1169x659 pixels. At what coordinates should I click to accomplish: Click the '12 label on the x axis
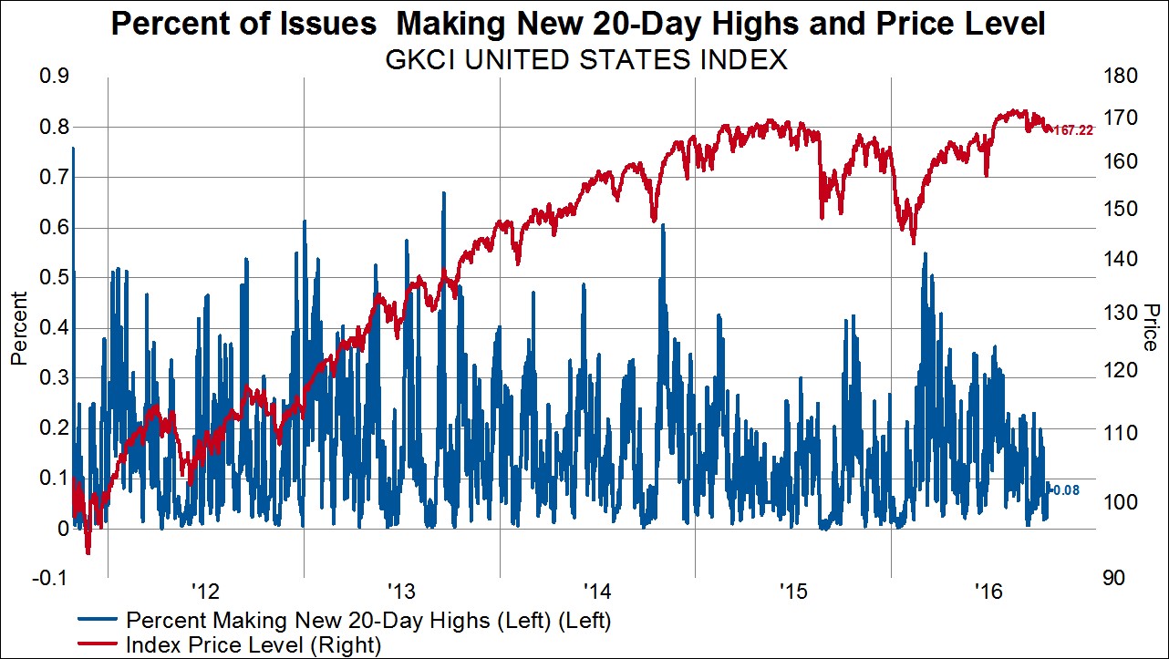pos(204,592)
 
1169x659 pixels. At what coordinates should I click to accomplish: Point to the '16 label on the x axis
pos(988,592)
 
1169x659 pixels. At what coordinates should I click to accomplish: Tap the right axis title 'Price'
pos(1151,326)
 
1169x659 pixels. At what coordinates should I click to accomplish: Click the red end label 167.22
pos(1072,131)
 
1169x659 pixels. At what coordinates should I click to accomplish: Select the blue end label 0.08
pos(1066,490)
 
